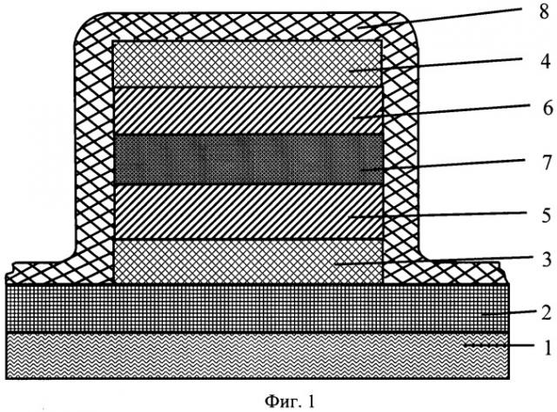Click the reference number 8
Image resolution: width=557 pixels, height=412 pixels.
(x=544, y=13)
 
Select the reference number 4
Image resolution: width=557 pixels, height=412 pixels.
(x=546, y=61)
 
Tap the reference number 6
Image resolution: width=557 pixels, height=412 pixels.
(x=548, y=108)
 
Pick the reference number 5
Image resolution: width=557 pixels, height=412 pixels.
(x=547, y=216)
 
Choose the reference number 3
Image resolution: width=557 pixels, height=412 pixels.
(x=547, y=259)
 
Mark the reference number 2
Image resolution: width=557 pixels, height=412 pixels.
(x=546, y=313)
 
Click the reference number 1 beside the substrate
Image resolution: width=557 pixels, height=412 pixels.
(x=547, y=347)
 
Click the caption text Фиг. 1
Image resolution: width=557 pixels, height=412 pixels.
(x=290, y=401)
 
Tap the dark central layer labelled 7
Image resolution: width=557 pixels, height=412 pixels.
(x=249, y=159)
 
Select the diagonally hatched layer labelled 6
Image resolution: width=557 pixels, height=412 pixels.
(x=249, y=110)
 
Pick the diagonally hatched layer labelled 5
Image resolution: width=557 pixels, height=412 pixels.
(x=249, y=212)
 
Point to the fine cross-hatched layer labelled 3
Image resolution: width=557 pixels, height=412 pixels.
(x=249, y=262)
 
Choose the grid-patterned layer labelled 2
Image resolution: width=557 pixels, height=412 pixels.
(x=258, y=308)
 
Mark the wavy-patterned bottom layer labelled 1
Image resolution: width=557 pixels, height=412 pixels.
(x=258, y=356)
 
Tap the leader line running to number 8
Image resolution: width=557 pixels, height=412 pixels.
(x=441, y=17)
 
